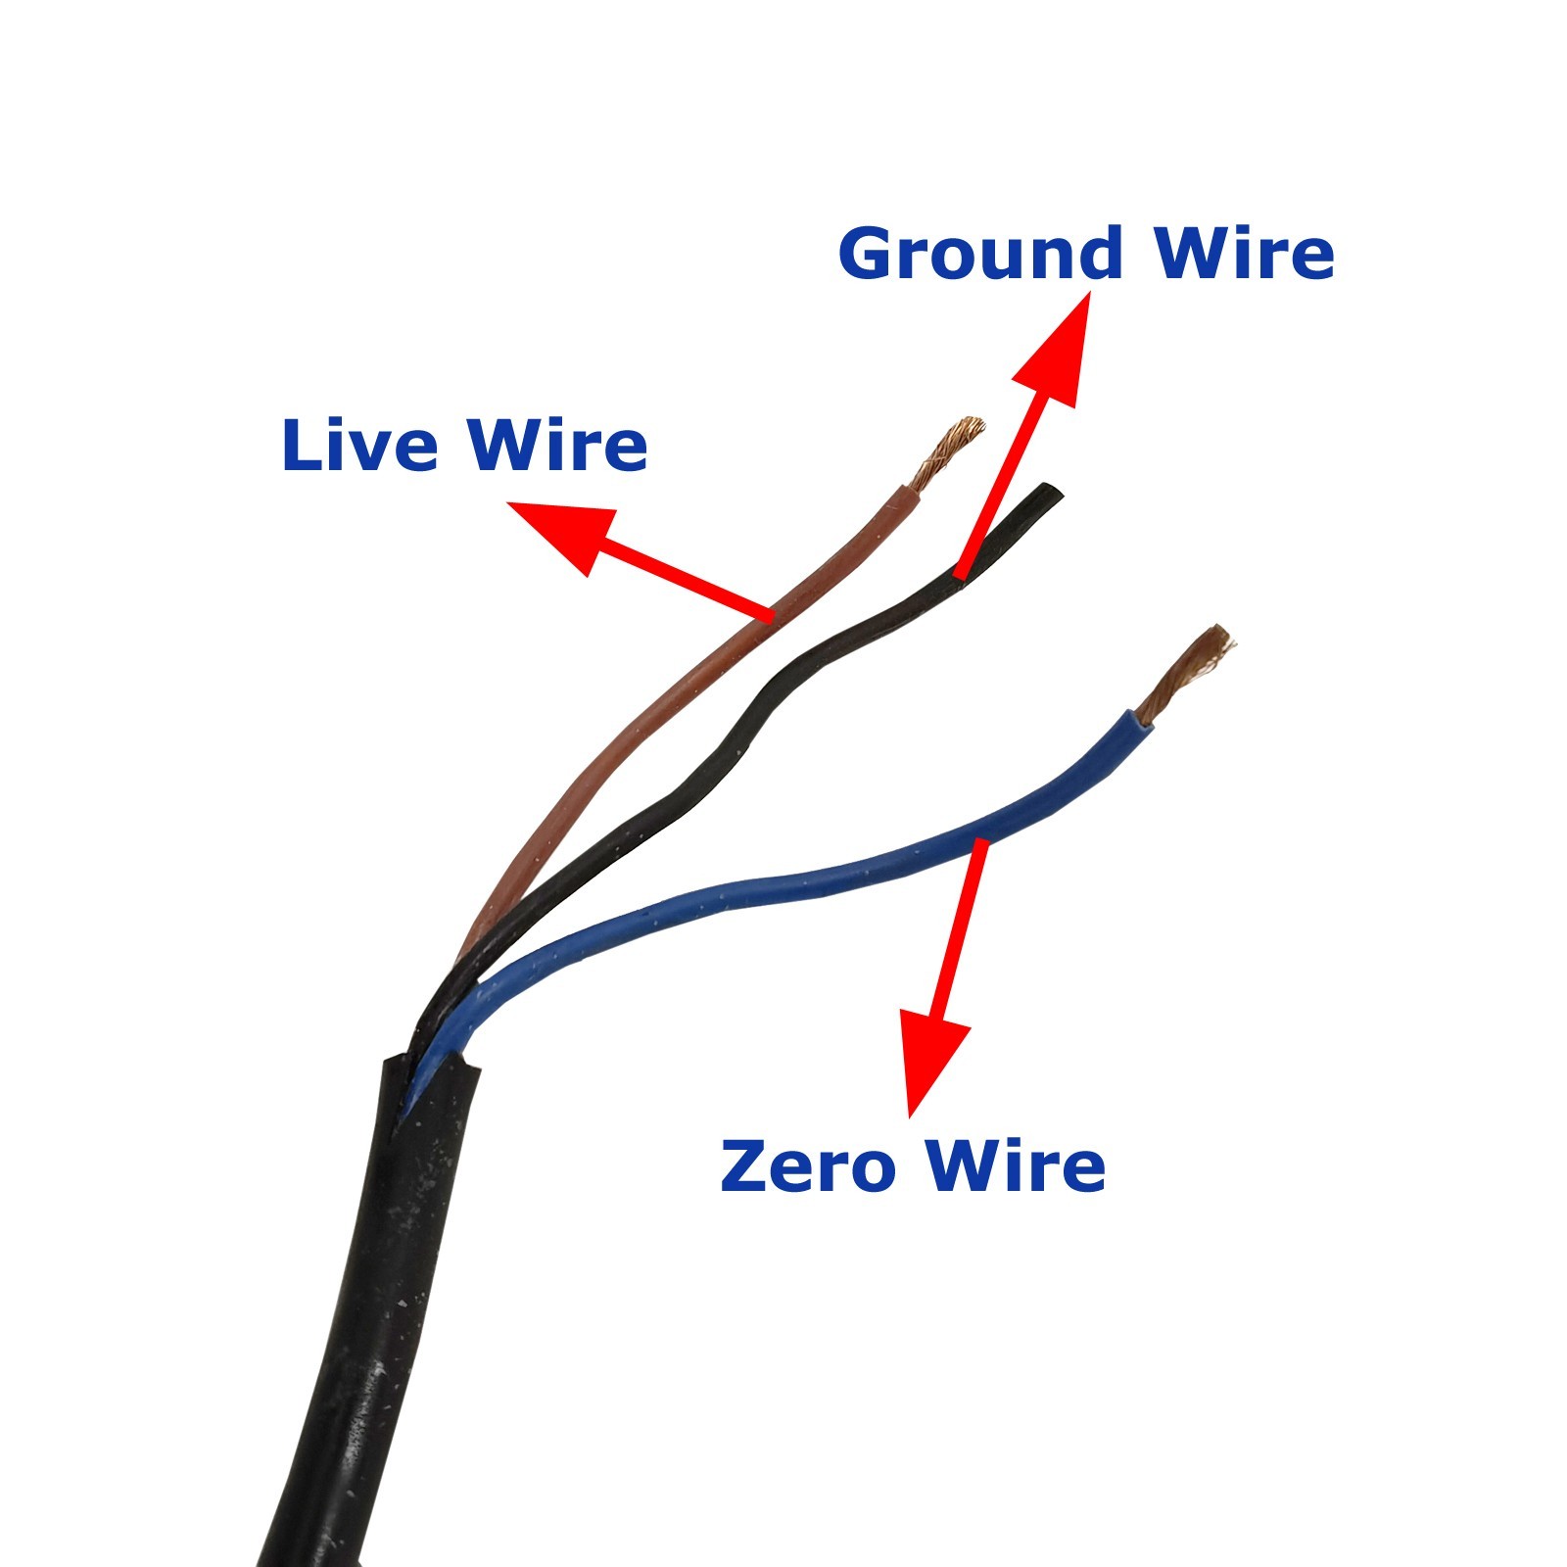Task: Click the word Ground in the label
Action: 980,254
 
